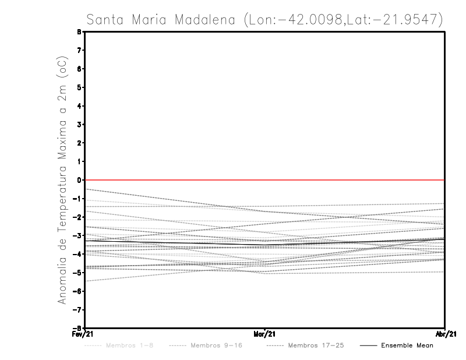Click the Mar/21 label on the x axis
click(x=265, y=334)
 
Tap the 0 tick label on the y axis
click(x=79, y=180)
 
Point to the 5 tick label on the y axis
click(x=79, y=87)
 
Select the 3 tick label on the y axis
click(x=79, y=125)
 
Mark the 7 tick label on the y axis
click(x=79, y=51)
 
